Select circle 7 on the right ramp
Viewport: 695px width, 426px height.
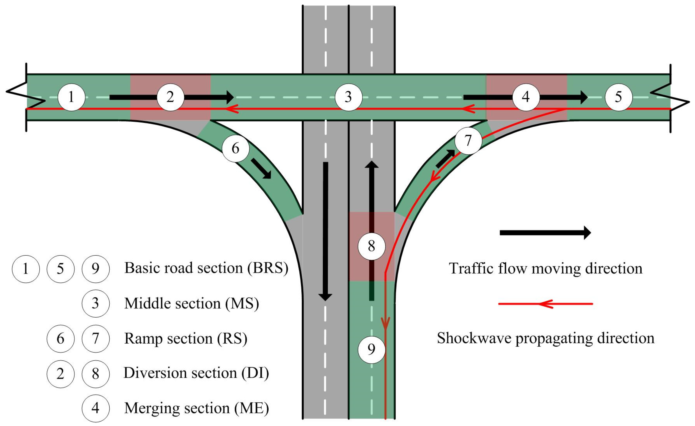(x=468, y=140)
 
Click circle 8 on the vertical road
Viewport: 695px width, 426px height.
(x=372, y=246)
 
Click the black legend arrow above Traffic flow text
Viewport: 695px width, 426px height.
(x=545, y=233)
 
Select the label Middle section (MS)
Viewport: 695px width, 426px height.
(x=191, y=304)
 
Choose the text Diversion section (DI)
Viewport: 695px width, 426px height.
(x=196, y=373)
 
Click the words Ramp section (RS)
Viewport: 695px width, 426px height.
(x=186, y=339)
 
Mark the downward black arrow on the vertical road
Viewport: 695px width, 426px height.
(x=326, y=231)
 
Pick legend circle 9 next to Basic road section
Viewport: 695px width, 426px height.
(x=96, y=269)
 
